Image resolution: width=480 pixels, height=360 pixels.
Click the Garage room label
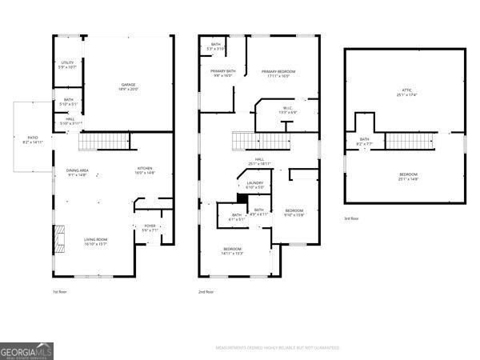pos(127,86)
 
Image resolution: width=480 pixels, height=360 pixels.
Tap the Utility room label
pos(67,65)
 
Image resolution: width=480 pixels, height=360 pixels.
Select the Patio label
pos(33,139)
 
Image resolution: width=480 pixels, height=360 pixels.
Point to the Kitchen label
pos(145,170)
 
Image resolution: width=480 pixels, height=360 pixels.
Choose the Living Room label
pos(96,241)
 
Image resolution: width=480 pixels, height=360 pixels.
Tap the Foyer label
pos(150,228)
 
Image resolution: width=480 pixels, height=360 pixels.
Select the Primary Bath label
pos(223,74)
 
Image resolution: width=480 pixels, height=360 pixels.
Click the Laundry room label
pos(255,185)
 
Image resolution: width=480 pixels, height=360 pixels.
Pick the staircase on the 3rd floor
pos(410,141)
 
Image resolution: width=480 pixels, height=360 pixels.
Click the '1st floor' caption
pos(61,292)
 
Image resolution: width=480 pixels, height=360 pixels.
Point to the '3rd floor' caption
pos(352,218)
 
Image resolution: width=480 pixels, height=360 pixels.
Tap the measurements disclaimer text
pos(277,348)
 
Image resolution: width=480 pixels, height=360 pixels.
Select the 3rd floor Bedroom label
pos(407,176)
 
